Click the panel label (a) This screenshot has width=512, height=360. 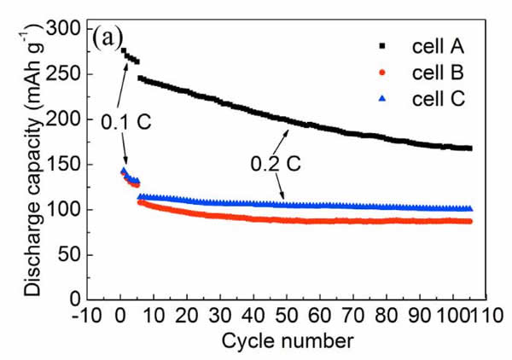click(x=111, y=38)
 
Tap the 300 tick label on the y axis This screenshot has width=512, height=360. click(x=68, y=30)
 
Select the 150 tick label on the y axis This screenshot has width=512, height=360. click(x=68, y=165)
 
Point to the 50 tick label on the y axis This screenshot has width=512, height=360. click(x=73, y=255)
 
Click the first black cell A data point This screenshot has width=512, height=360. click(x=124, y=51)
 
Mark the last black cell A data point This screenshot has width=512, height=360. click(x=470, y=148)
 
